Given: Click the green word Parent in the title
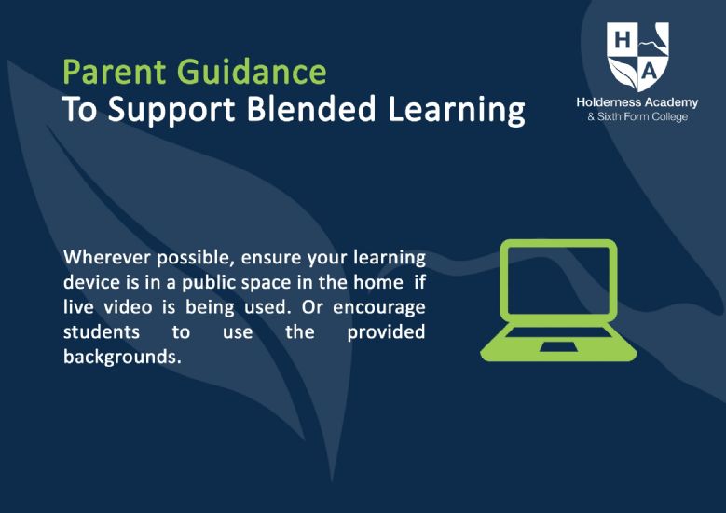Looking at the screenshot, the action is [114, 72].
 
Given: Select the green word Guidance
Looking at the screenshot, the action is [252, 72].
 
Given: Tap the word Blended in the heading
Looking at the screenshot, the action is [310, 109].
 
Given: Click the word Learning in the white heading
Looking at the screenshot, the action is [456, 111].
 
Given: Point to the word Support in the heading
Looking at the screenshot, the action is [171, 111].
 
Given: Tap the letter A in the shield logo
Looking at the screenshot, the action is [650, 72].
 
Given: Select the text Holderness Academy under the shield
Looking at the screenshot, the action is [637, 102].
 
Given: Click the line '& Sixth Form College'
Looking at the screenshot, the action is [637, 116].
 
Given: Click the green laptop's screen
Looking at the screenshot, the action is [558, 281].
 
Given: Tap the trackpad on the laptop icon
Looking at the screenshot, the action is [558, 347].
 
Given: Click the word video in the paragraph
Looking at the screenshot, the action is [128, 306].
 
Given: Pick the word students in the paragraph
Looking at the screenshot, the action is [102, 331].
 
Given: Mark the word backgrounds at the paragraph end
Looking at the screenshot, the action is [122, 358].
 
